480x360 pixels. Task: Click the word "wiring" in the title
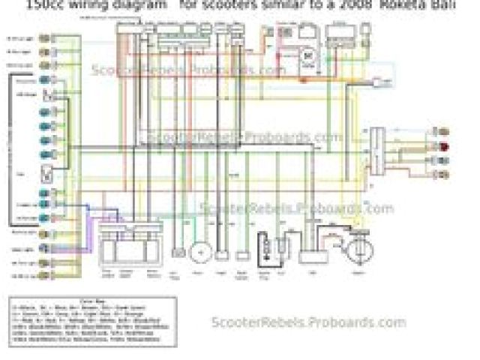point(94,4)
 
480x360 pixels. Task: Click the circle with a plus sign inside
point(199,252)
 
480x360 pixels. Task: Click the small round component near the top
point(307,55)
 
